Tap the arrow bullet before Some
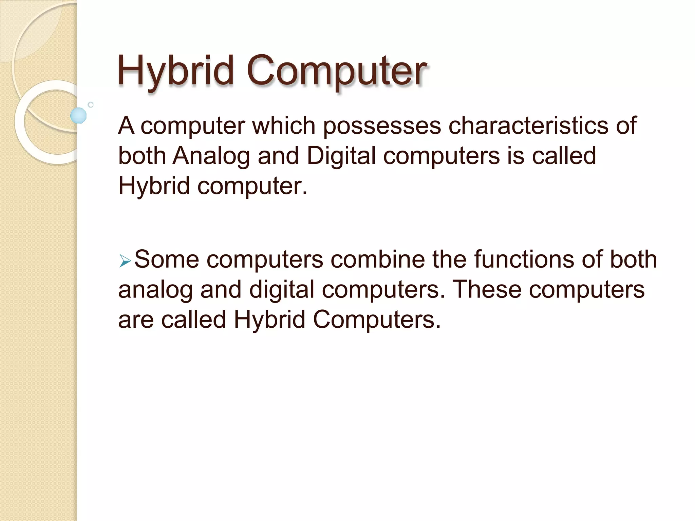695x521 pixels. tap(125, 262)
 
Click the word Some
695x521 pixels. tap(167, 259)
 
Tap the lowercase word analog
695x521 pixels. tap(155, 290)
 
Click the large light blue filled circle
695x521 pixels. tap(78, 115)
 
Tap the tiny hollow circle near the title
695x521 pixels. tap(91, 105)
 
